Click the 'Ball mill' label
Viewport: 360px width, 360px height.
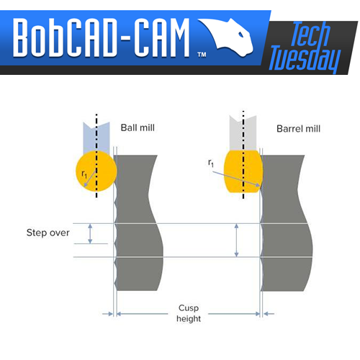click(138, 127)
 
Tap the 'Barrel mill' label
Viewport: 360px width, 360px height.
click(298, 129)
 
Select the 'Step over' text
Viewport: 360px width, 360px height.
click(48, 233)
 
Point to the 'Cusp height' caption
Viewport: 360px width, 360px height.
click(189, 313)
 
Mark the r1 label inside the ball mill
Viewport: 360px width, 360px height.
click(84, 174)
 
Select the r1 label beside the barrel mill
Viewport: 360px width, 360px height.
click(211, 163)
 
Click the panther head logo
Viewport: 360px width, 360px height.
click(227, 36)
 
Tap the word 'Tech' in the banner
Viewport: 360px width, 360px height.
click(310, 34)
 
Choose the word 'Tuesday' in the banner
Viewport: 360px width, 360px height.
click(305, 59)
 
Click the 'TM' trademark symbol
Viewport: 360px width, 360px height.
click(202, 55)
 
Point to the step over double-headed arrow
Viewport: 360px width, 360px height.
click(90, 233)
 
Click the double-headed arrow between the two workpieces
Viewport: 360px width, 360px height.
click(236, 240)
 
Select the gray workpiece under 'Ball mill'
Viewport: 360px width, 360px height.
click(137, 223)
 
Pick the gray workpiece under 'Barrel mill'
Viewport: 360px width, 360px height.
click(286, 223)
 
